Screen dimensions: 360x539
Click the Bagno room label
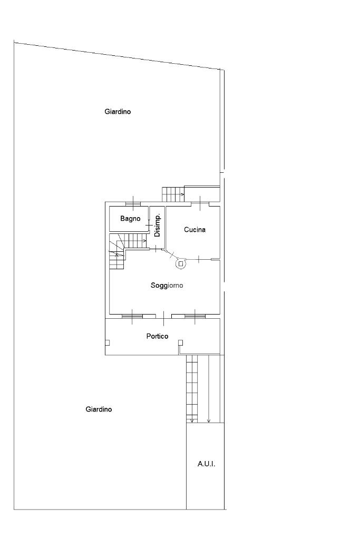pyautogui.click(x=130, y=219)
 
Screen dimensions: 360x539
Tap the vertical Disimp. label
pyautogui.click(x=158, y=225)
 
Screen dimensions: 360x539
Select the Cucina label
pyautogui.click(x=194, y=230)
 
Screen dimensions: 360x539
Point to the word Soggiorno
pyautogui.click(x=167, y=286)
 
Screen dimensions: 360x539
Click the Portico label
pyautogui.click(x=157, y=336)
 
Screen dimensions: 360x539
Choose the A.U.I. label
pyautogui.click(x=206, y=464)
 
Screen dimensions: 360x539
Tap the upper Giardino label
pyautogui.click(x=118, y=111)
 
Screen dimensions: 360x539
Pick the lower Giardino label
pyautogui.click(x=99, y=409)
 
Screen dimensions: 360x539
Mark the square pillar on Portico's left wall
pyautogui.click(x=108, y=342)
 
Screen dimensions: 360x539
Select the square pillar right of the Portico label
pyautogui.click(x=180, y=342)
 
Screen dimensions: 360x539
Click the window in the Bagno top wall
pyautogui.click(x=133, y=204)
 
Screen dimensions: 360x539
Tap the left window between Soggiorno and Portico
pyautogui.click(x=132, y=316)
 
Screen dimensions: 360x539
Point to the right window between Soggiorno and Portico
pyautogui.click(x=195, y=316)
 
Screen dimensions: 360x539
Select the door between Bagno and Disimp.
pyautogui.click(x=149, y=225)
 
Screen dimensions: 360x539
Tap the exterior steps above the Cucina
pyautogui.click(x=173, y=194)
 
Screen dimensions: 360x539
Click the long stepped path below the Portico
pyautogui.click(x=192, y=389)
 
